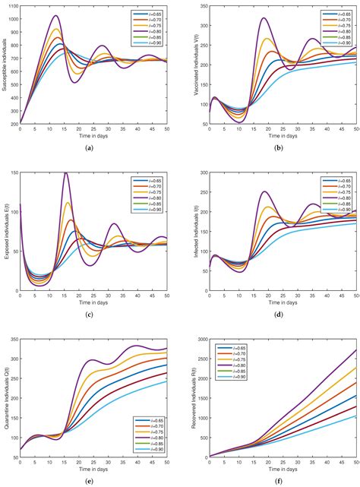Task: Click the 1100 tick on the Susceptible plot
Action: (11, 5)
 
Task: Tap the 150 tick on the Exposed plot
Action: (13, 173)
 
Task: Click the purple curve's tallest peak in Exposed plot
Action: (66, 173)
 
